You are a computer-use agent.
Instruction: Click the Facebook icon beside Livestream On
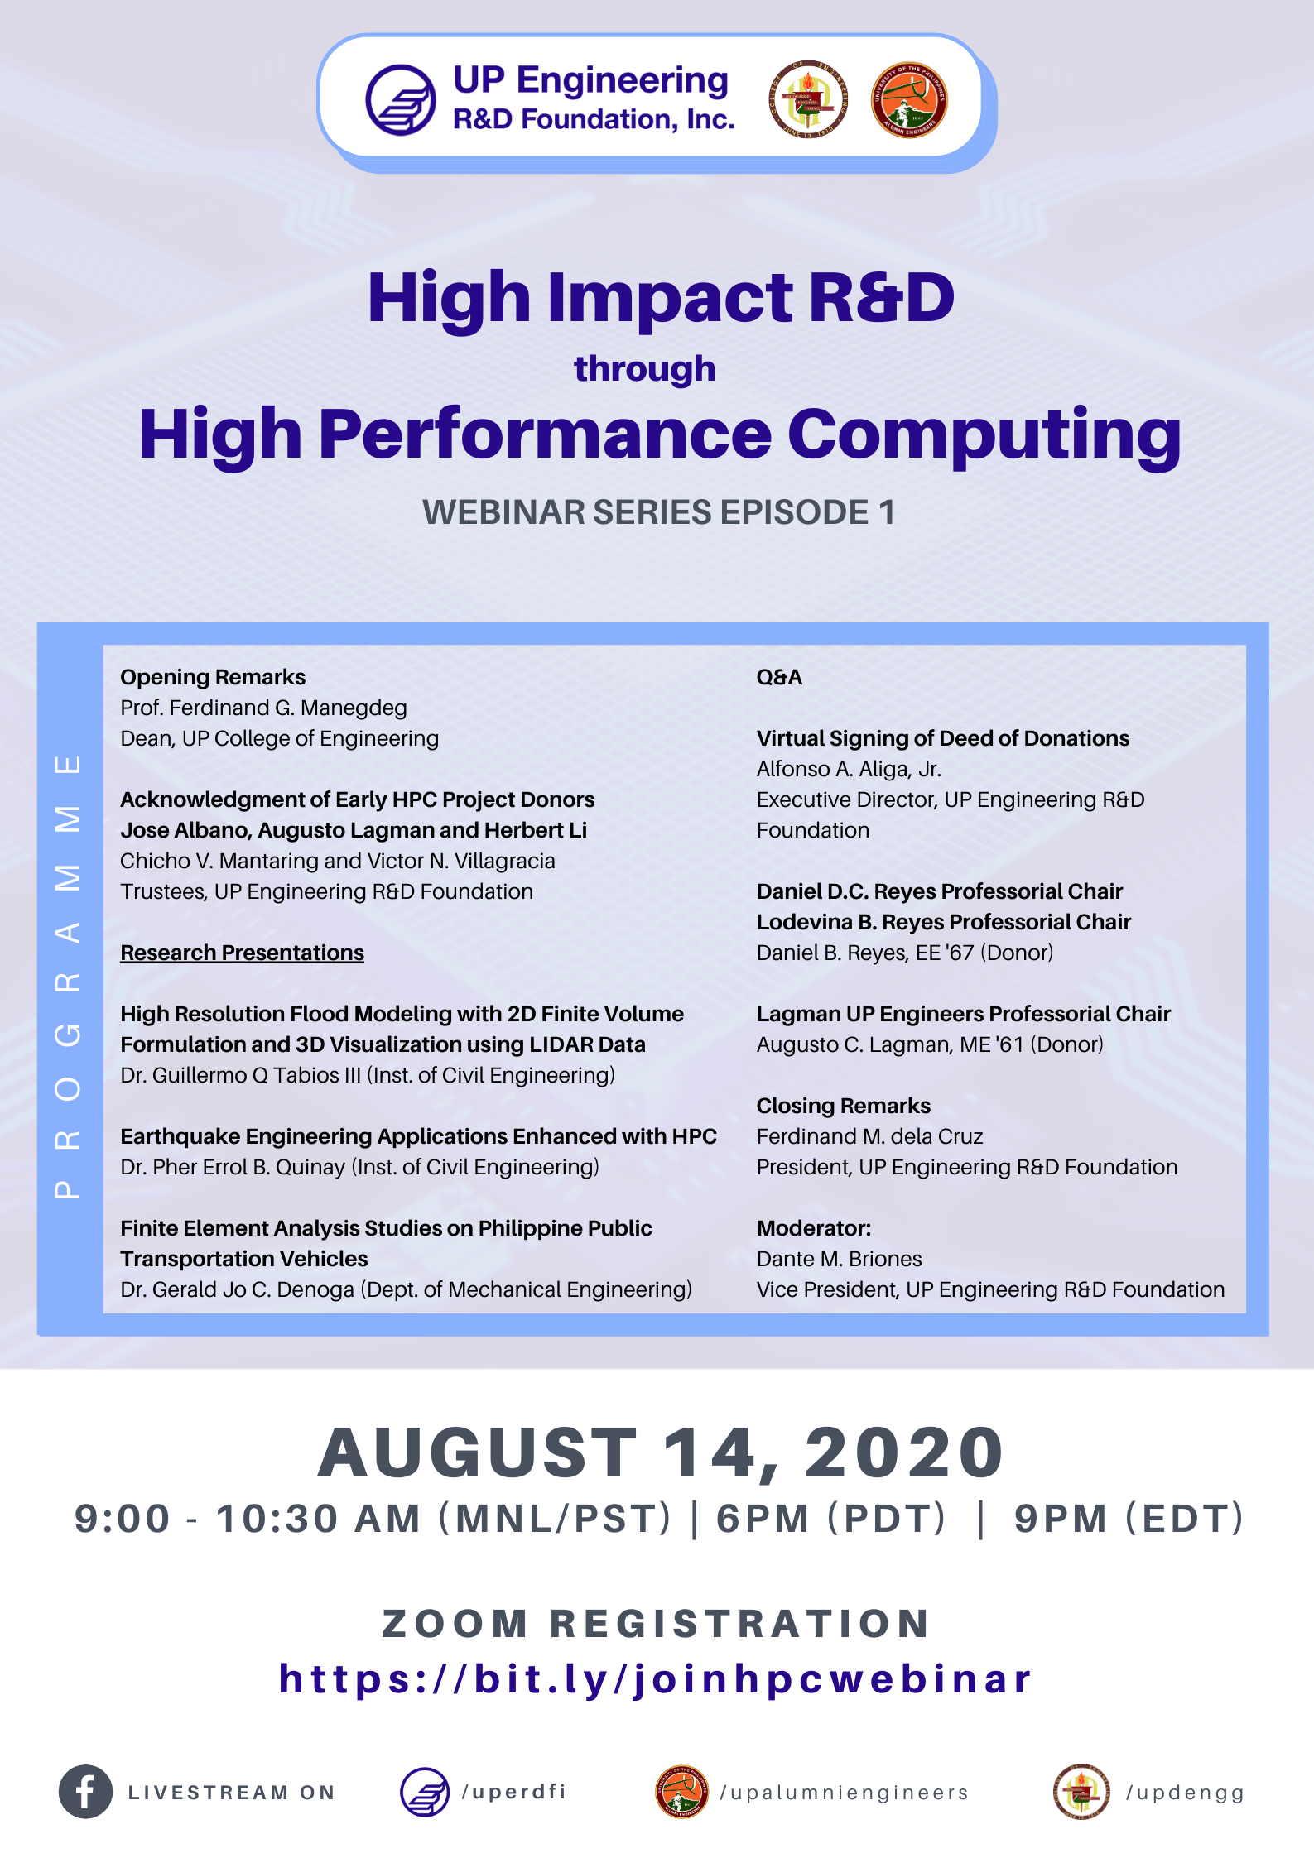point(85,1792)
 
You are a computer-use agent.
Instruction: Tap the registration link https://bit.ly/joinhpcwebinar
point(656,1680)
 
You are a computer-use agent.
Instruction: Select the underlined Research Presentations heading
point(243,953)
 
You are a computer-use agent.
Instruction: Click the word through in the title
point(645,369)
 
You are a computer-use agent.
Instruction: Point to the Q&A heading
point(779,677)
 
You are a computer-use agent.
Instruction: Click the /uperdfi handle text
point(514,1792)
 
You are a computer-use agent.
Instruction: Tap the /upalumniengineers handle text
point(845,1793)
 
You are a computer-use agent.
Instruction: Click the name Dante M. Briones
point(840,1259)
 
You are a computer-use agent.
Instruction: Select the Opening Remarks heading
point(213,677)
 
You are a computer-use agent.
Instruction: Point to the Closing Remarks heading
point(844,1106)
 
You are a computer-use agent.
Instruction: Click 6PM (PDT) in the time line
point(831,1519)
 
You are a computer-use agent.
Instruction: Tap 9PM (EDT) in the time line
point(1129,1519)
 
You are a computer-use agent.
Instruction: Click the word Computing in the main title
point(984,436)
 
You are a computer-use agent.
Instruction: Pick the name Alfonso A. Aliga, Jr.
point(850,769)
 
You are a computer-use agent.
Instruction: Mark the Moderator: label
point(814,1228)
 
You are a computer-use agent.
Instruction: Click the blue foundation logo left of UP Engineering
point(401,100)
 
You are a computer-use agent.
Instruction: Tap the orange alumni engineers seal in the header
point(909,100)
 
